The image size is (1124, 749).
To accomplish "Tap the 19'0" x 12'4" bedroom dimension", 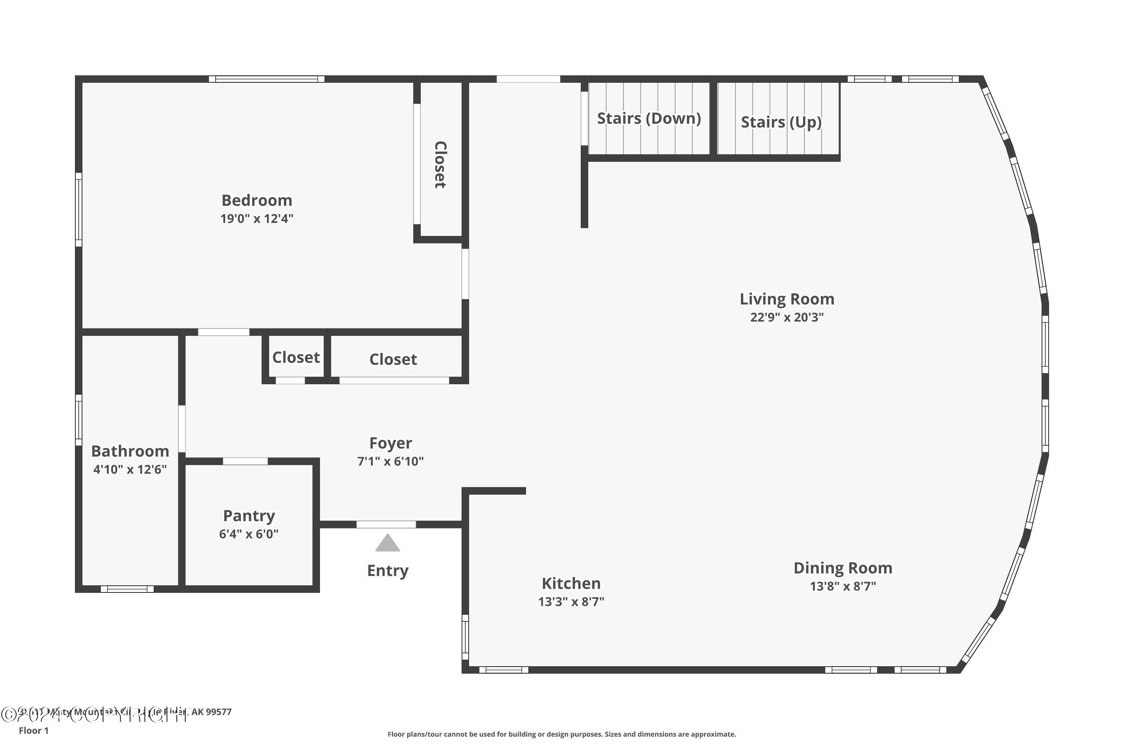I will click(257, 219).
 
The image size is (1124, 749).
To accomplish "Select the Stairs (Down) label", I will click(649, 118).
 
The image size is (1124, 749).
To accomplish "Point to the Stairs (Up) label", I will click(781, 122).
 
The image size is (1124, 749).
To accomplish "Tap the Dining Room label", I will click(843, 568).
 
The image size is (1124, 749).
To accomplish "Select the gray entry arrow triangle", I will click(387, 544).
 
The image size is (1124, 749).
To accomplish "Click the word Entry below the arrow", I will click(387, 570).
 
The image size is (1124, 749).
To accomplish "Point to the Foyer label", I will click(390, 443).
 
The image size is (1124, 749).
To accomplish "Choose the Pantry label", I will click(249, 516).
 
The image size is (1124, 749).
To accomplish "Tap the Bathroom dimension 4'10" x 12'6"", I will click(130, 470).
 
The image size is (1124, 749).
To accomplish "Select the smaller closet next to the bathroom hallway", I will click(296, 357).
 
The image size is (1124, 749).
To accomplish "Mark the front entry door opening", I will click(386, 525).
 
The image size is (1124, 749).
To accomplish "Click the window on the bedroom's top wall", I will click(267, 79).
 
